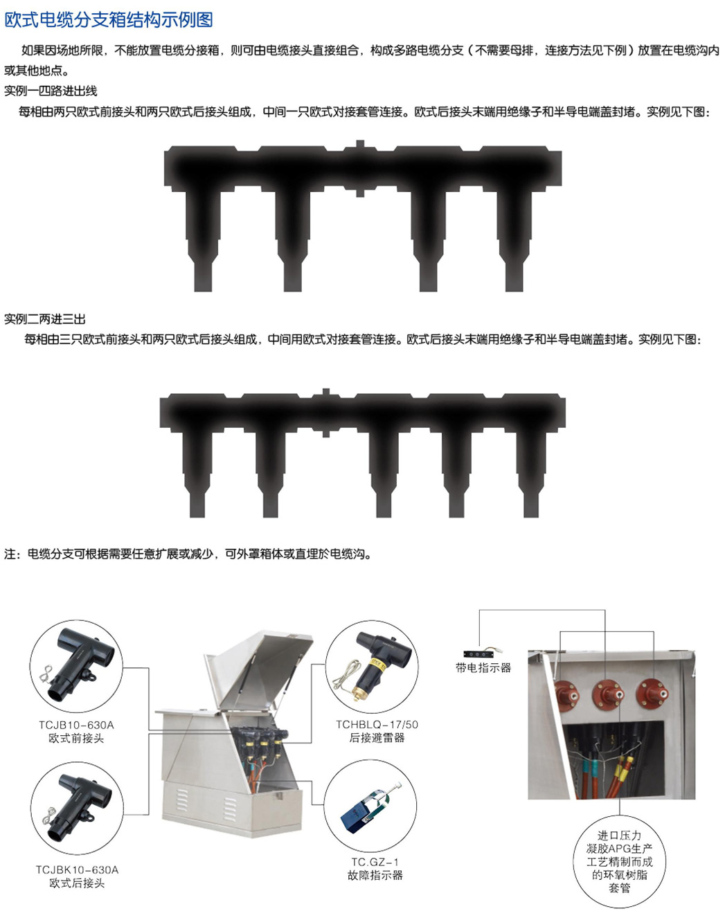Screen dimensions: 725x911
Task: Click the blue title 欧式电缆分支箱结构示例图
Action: (109, 20)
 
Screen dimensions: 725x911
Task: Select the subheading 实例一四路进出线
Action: (51, 91)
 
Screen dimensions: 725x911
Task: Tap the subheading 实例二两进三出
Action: (45, 318)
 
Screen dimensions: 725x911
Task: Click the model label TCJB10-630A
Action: (76, 725)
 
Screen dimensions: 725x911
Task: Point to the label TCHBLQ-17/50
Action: (377, 724)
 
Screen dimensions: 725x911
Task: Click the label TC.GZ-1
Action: (375, 862)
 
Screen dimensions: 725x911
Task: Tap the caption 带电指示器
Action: (483, 667)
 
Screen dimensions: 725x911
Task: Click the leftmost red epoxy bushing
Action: (566, 696)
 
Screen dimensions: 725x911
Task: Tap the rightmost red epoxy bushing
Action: (652, 695)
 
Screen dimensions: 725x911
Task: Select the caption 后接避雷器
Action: (377, 738)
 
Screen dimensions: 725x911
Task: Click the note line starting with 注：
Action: (188, 554)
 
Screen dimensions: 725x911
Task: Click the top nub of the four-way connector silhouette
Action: (360, 144)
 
